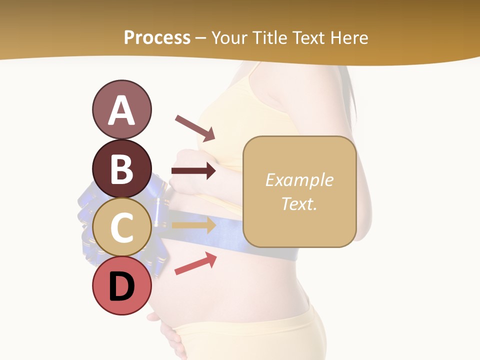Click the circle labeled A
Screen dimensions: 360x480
click(x=121, y=110)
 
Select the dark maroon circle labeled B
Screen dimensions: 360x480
click(x=121, y=168)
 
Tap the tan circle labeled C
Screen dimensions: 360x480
click(x=121, y=227)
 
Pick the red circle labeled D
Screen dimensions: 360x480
click(x=121, y=286)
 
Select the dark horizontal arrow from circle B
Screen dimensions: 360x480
click(x=193, y=171)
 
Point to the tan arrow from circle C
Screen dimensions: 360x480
click(x=193, y=225)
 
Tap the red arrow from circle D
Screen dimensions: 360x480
click(x=195, y=263)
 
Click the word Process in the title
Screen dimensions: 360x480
click(x=157, y=37)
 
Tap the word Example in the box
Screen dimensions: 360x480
click(x=299, y=180)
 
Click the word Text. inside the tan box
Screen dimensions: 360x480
click(x=299, y=203)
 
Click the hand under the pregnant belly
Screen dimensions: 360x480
click(x=170, y=335)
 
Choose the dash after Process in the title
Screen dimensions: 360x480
click(x=201, y=38)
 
